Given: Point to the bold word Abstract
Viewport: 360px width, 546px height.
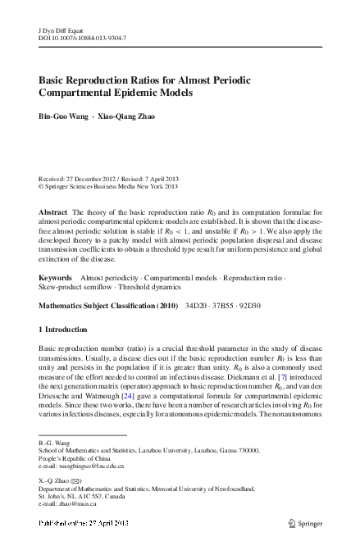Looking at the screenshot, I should (53, 211).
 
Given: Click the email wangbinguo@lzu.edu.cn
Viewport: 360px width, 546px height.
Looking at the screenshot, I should (90, 466).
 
